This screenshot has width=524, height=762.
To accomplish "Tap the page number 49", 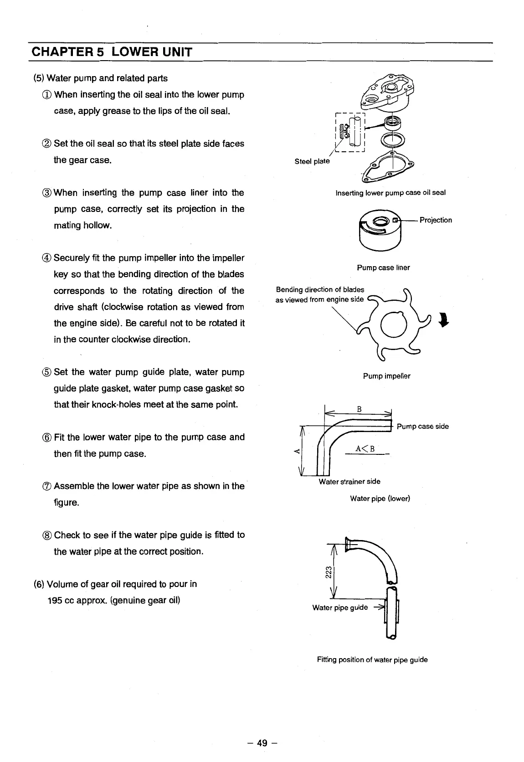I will click(262, 743).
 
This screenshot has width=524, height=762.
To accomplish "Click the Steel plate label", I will click(312, 161).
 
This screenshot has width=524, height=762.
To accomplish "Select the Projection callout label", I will click(436, 220).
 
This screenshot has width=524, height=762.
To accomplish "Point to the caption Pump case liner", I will click(383, 268).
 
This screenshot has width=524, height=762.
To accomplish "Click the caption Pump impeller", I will click(386, 376).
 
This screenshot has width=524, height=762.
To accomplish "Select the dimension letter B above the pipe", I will click(359, 409).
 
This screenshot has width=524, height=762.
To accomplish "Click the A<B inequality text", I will click(365, 448).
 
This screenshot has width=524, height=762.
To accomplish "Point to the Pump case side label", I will click(422, 427).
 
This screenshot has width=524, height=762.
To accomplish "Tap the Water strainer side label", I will click(349, 481).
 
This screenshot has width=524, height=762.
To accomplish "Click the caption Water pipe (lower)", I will click(380, 499).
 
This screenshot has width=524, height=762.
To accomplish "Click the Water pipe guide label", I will click(339, 608).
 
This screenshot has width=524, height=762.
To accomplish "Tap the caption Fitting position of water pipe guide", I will click(372, 659).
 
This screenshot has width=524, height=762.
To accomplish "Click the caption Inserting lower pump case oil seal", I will click(390, 193).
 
